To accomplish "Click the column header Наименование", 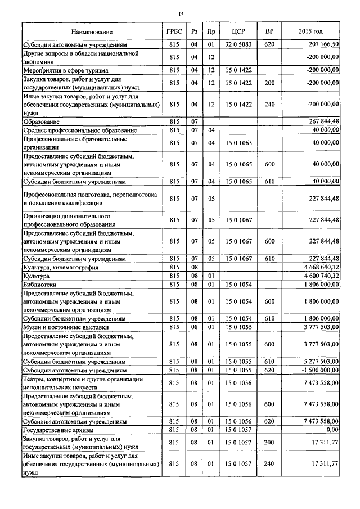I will click(92, 31).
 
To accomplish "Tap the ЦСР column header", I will click(237, 31).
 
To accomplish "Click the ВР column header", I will click(269, 31).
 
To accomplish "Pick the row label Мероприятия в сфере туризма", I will click(65, 71).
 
